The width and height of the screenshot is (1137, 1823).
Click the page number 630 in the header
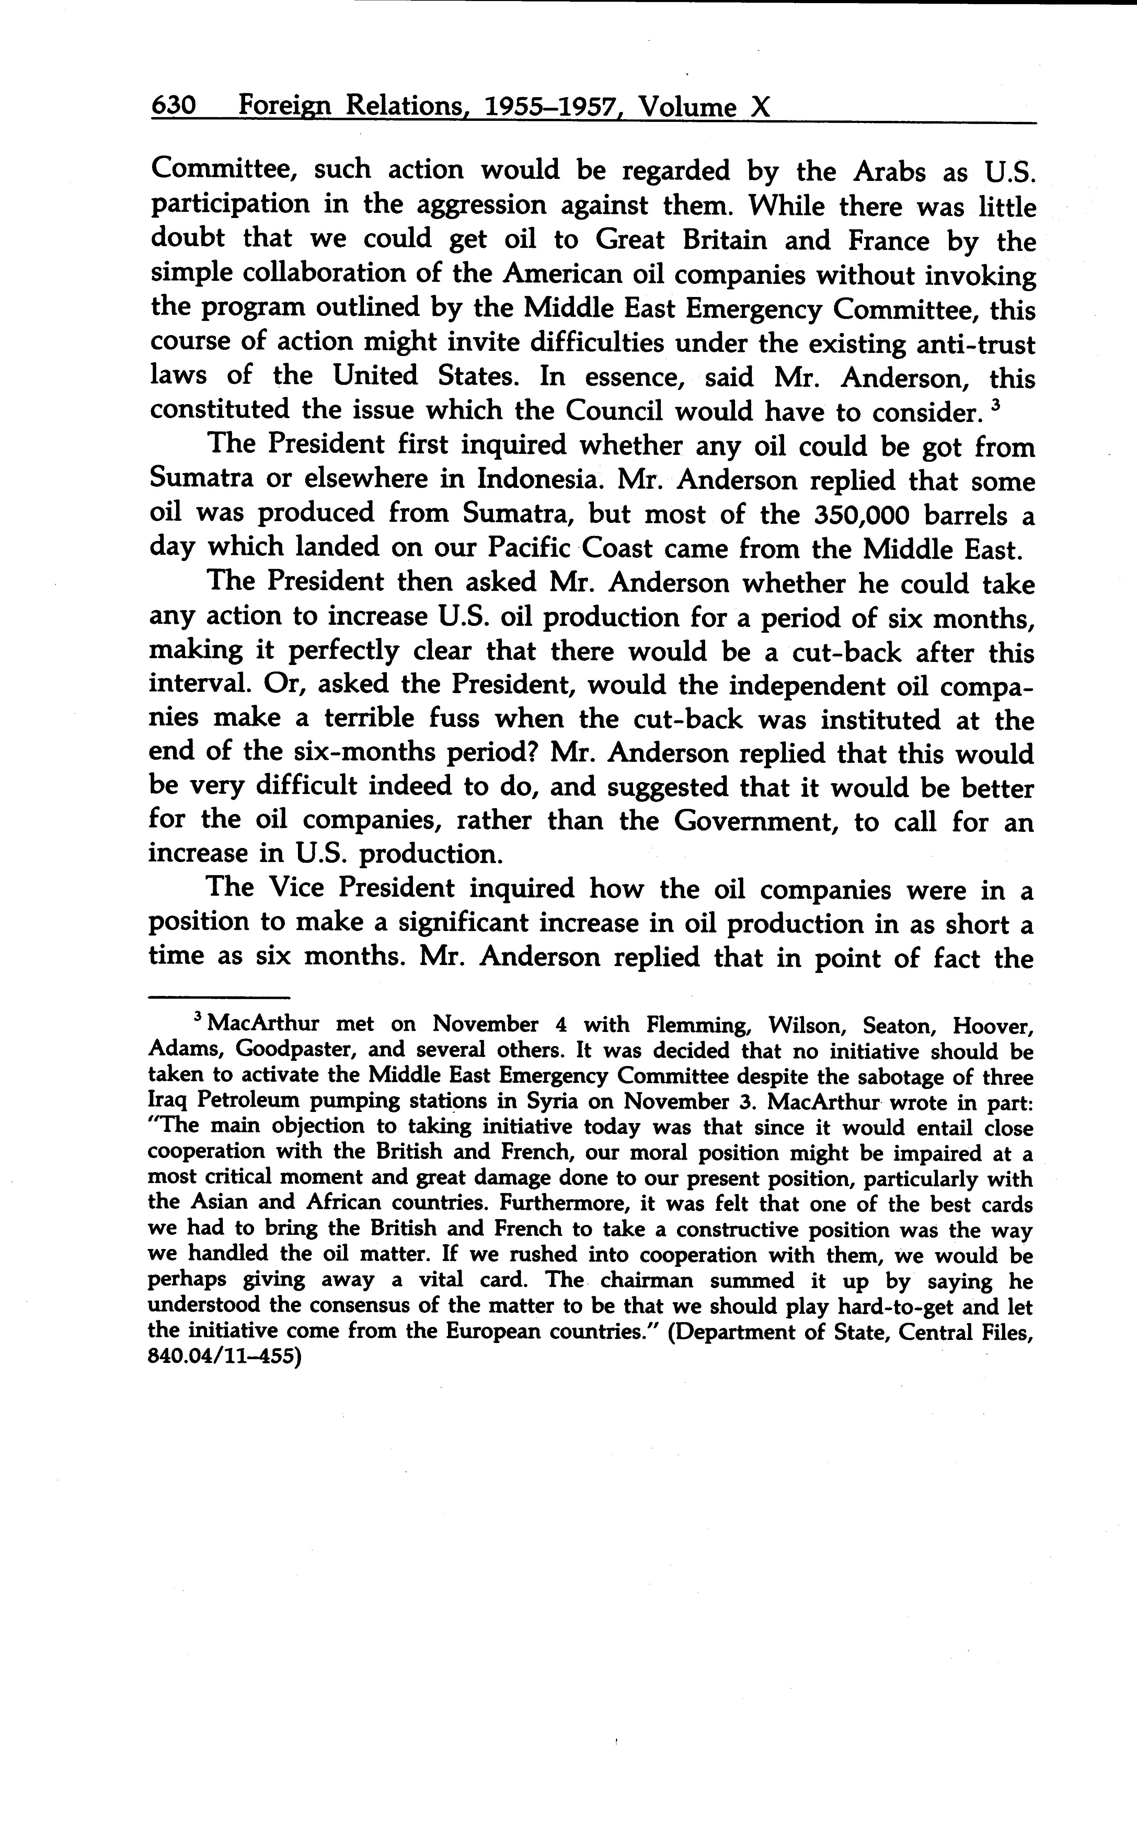(x=174, y=107)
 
